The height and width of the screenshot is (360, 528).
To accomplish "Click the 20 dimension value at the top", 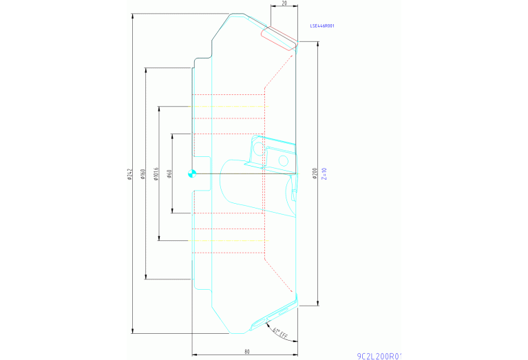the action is pyautogui.click(x=284, y=3).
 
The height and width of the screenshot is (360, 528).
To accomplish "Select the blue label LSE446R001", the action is pyautogui.click(x=321, y=25).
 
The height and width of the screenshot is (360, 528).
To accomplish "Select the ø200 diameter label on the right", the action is pyautogui.click(x=314, y=173).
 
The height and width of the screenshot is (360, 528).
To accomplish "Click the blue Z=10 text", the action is pyautogui.click(x=323, y=173).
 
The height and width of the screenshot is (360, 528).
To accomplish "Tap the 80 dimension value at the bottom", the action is pyautogui.click(x=246, y=352).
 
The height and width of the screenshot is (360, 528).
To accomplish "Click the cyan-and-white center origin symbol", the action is pyautogui.click(x=192, y=174).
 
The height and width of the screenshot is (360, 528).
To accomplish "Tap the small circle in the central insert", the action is pyautogui.click(x=283, y=161).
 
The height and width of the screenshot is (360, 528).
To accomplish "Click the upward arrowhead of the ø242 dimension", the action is pyautogui.click(x=131, y=16).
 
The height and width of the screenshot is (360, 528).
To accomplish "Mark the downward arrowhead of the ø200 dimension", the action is pyautogui.click(x=317, y=303).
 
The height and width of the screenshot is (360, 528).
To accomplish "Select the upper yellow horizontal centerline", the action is pyautogui.click(x=227, y=107).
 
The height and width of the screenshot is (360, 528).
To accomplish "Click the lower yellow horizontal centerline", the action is pyautogui.click(x=227, y=240).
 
